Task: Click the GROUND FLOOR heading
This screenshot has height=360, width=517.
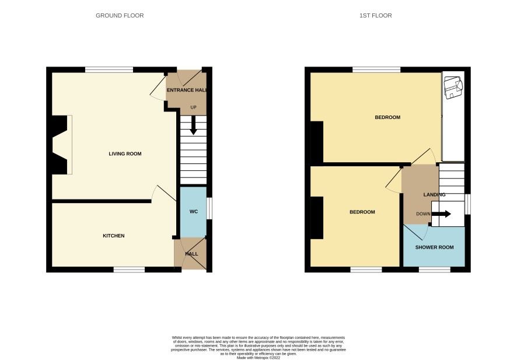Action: (120, 15)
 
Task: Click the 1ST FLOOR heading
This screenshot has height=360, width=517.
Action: (375, 15)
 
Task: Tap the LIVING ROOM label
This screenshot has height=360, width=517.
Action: (125, 154)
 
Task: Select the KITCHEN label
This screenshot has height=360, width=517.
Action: (114, 236)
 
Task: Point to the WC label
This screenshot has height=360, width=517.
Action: (193, 211)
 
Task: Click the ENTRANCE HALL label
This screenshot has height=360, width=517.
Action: (187, 90)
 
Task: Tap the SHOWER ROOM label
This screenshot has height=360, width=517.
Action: (434, 247)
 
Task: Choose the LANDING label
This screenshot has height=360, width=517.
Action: (434, 195)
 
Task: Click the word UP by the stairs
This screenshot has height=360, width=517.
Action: (193, 107)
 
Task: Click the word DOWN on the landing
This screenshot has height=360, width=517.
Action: (423, 214)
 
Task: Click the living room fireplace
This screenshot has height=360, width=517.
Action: (61, 145)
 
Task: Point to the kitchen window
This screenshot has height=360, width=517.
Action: (129, 270)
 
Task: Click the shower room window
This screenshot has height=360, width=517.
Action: (434, 270)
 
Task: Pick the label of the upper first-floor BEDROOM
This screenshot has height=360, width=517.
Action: (387, 117)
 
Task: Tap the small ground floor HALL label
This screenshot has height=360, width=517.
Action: (191, 254)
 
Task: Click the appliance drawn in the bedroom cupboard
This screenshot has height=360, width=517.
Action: (453, 88)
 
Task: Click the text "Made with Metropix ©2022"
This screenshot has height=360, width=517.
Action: (258, 358)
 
